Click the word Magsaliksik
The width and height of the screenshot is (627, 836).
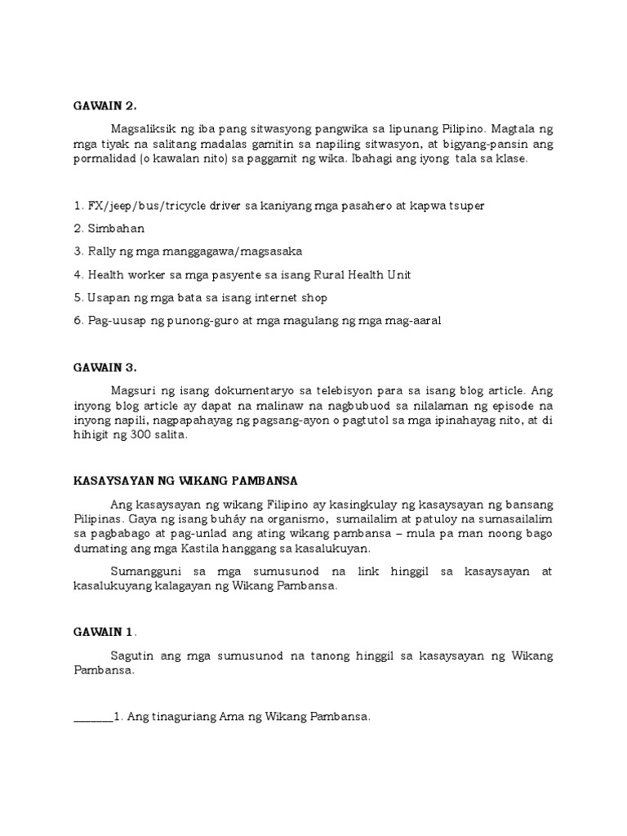click(147, 129)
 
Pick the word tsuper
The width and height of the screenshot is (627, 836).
click(465, 206)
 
